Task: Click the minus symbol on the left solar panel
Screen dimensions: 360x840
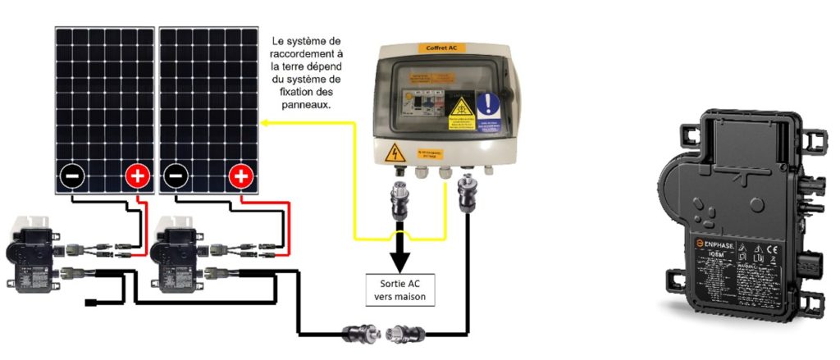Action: tap(71, 175)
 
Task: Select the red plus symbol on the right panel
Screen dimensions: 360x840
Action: tap(240, 175)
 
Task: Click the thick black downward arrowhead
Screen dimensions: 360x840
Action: tap(401, 262)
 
